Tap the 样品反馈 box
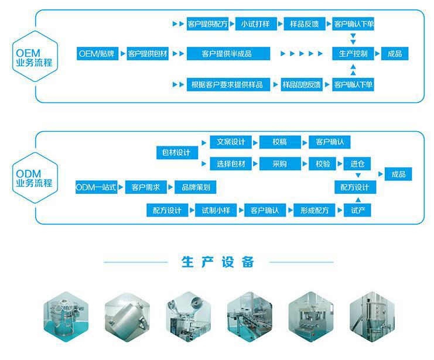tap(305, 24)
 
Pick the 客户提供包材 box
tap(148, 54)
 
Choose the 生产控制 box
tap(353, 54)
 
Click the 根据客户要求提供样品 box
tap(226, 84)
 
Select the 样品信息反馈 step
tap(302, 84)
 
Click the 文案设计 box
tap(231, 142)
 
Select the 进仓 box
tap(358, 164)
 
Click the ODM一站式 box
tap(97, 187)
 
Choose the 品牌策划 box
tap(196, 187)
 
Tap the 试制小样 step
tap(216, 210)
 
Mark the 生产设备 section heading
tap(217, 261)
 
